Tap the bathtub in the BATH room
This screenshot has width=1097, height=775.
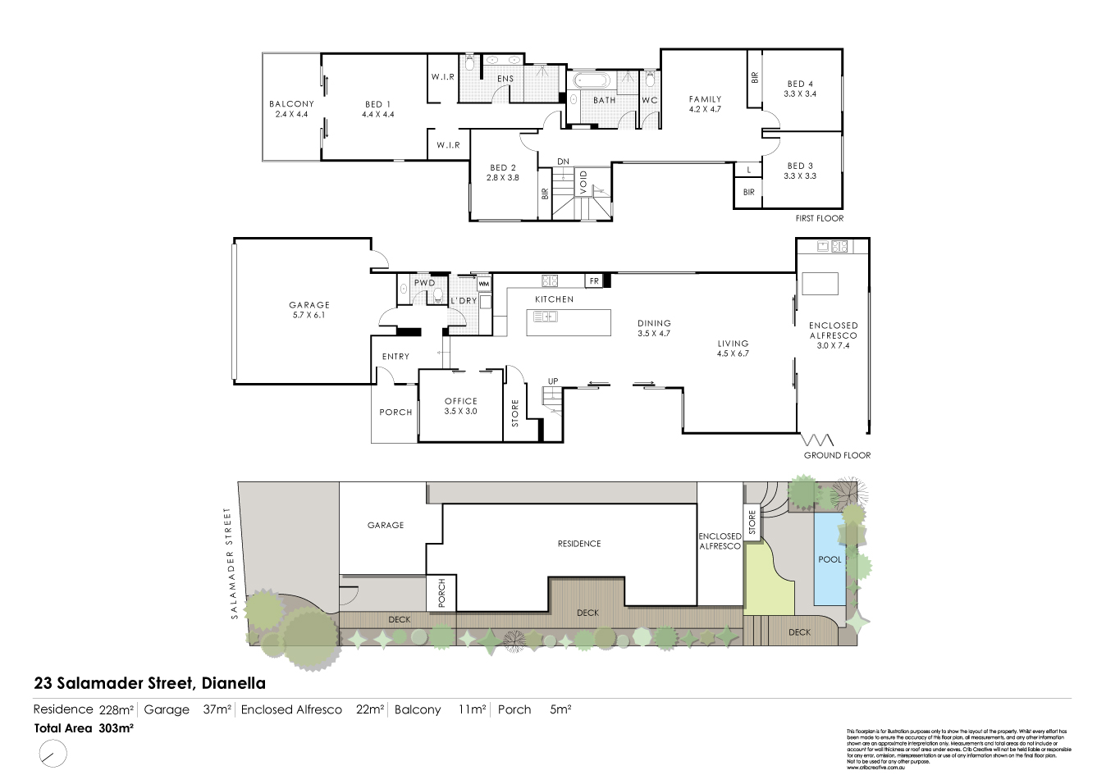(x=590, y=81)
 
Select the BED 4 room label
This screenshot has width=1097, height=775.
(x=800, y=89)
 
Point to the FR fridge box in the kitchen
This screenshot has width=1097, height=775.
(x=593, y=281)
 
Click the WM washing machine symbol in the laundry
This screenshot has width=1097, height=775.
(x=483, y=284)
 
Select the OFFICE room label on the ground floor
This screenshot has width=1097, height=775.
(x=460, y=406)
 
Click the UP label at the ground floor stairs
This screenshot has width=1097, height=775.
(x=554, y=381)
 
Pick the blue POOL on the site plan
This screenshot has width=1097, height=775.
(x=830, y=558)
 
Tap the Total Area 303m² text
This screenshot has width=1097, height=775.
(x=84, y=727)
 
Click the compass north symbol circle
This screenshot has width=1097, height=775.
(x=52, y=751)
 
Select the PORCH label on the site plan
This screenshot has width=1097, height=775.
(x=441, y=594)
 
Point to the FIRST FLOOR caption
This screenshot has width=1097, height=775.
(x=819, y=218)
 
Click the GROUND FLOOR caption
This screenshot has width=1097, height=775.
(x=837, y=455)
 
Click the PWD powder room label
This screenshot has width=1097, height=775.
(x=424, y=283)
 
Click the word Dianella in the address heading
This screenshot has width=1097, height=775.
(x=233, y=682)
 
